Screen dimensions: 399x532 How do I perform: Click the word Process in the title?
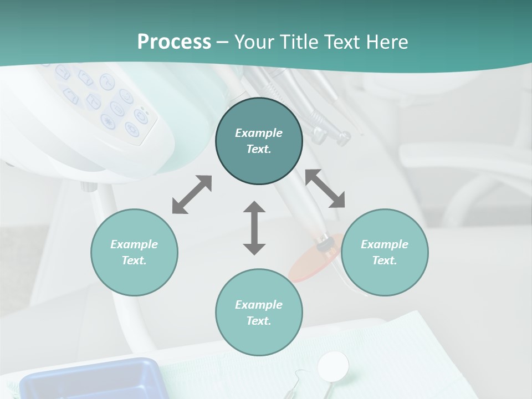174,42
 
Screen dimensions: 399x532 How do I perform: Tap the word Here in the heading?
386,42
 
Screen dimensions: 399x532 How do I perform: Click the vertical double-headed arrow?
254,228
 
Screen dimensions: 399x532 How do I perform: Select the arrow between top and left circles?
192,195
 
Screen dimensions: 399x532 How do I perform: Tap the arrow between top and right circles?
325,188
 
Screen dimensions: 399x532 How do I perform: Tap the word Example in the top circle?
259,133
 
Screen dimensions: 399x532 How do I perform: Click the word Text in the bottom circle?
259,321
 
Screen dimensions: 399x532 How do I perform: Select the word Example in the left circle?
134,244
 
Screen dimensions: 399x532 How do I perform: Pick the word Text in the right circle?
385,260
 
